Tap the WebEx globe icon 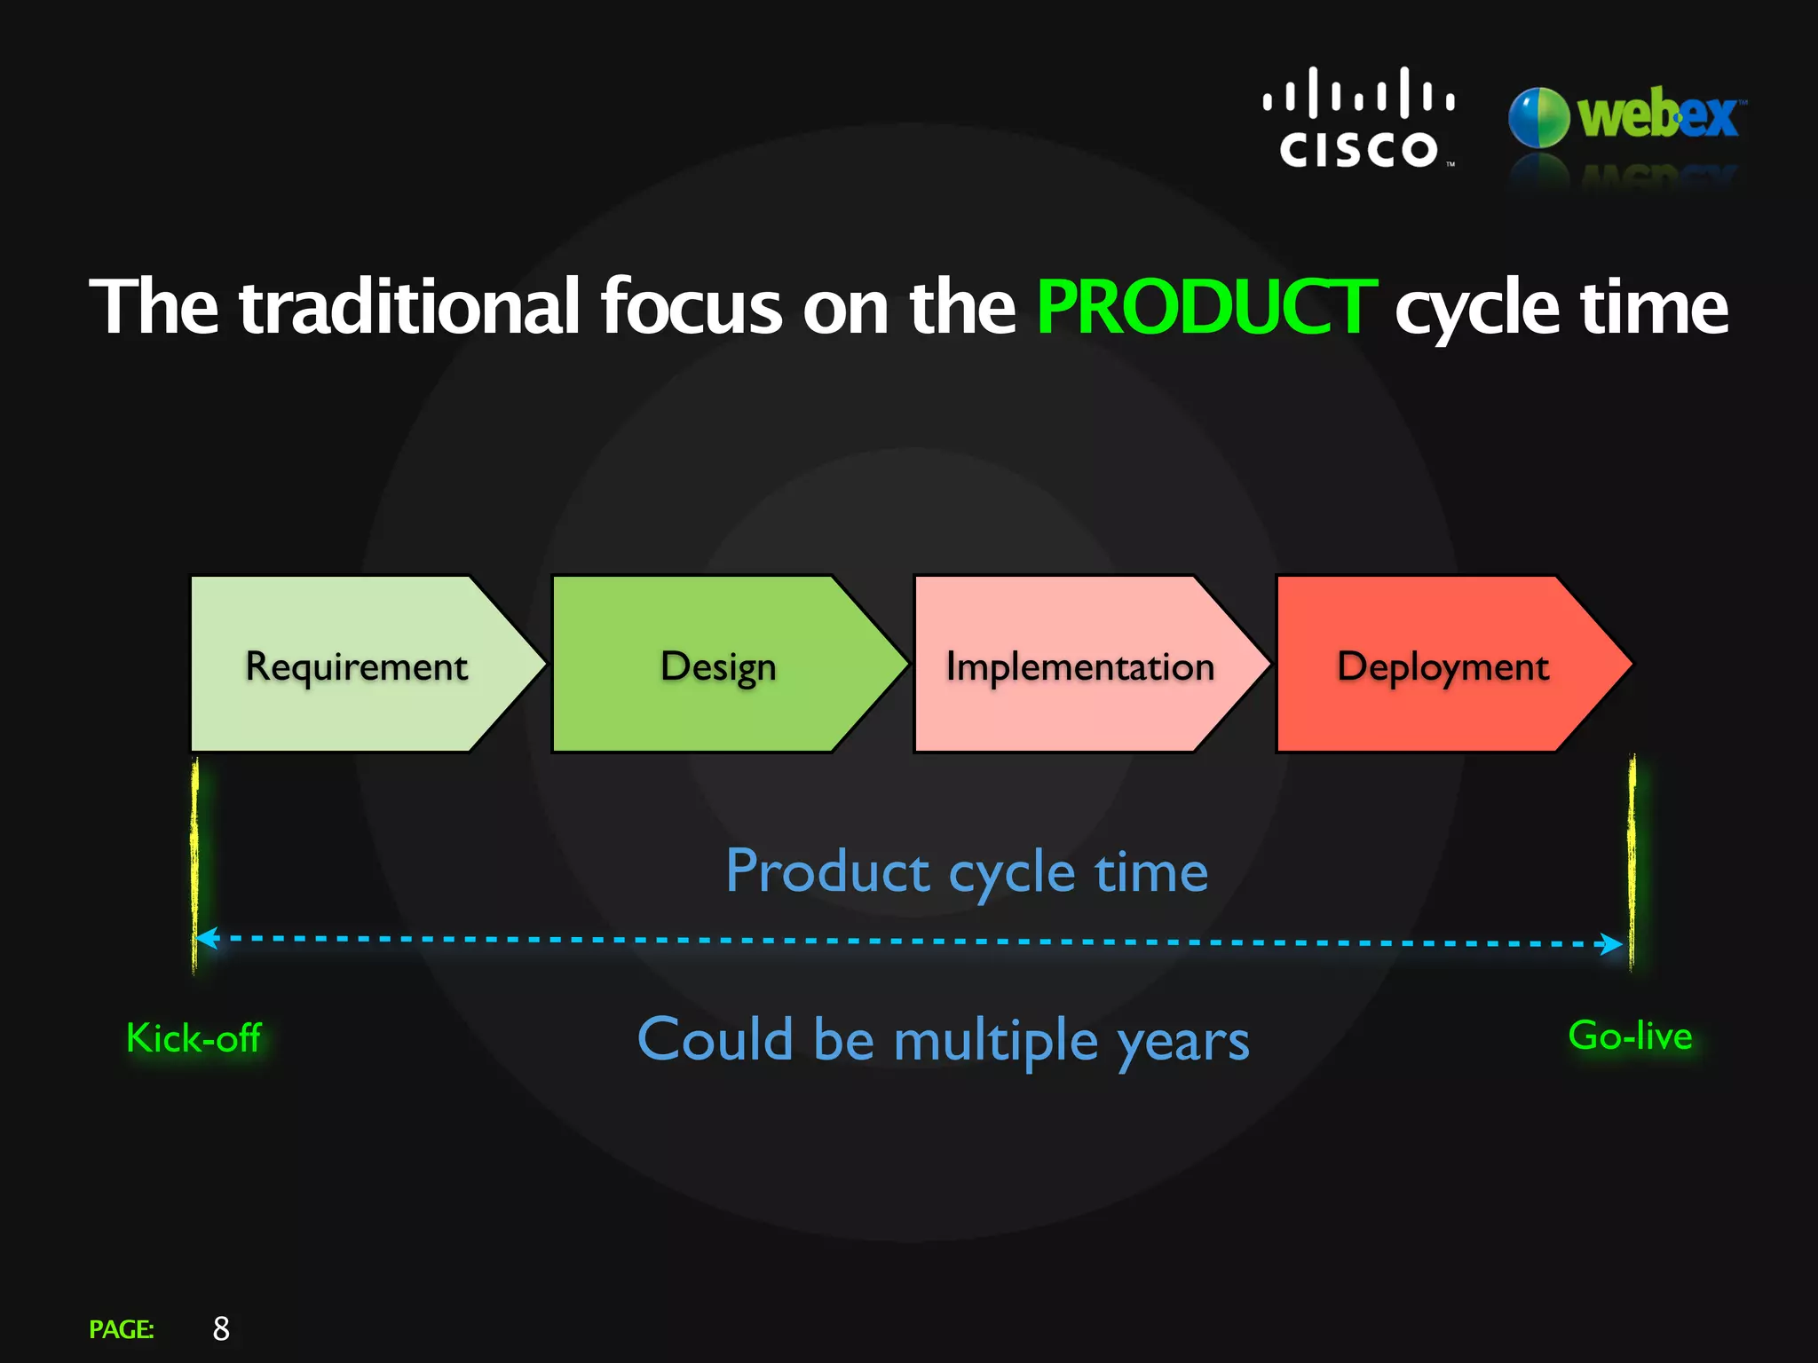[1538, 117]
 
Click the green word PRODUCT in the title [1205, 307]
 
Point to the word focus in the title [691, 307]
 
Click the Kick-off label [194, 1038]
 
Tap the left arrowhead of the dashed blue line [207, 938]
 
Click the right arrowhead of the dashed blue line [1613, 943]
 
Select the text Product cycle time [966, 871]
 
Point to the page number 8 [221, 1328]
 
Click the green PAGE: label [122, 1329]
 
